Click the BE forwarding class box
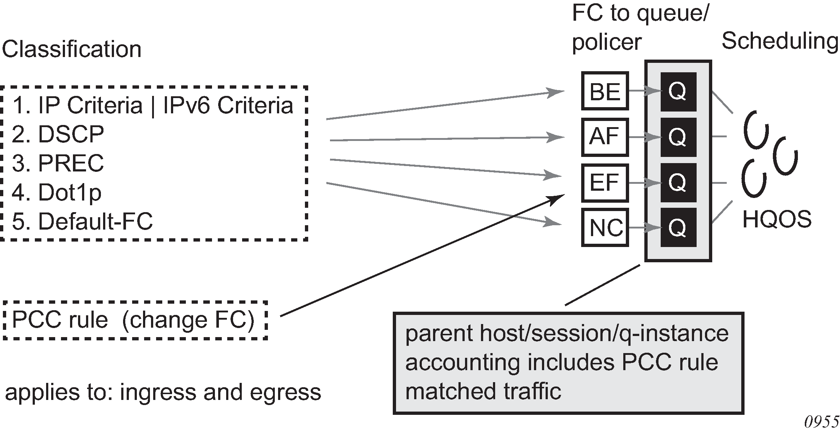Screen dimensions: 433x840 pyautogui.click(x=605, y=91)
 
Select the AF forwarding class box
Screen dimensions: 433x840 pyautogui.click(x=605, y=137)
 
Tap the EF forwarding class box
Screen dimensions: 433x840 pyautogui.click(x=605, y=183)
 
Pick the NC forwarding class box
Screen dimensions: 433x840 pyautogui.click(x=605, y=228)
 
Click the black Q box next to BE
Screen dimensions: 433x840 pyautogui.click(x=678, y=92)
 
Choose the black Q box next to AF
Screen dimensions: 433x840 pyautogui.click(x=678, y=137)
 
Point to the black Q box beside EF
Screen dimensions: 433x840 pyautogui.click(x=678, y=182)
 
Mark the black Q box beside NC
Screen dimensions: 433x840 pyautogui.click(x=678, y=228)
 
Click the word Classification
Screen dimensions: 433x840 pyautogui.click(x=72, y=49)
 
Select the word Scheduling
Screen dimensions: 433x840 pyautogui.click(x=780, y=41)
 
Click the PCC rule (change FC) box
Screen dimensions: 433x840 pyautogui.click(x=135, y=320)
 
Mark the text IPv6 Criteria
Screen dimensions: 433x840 pyautogui.click(x=228, y=106)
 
